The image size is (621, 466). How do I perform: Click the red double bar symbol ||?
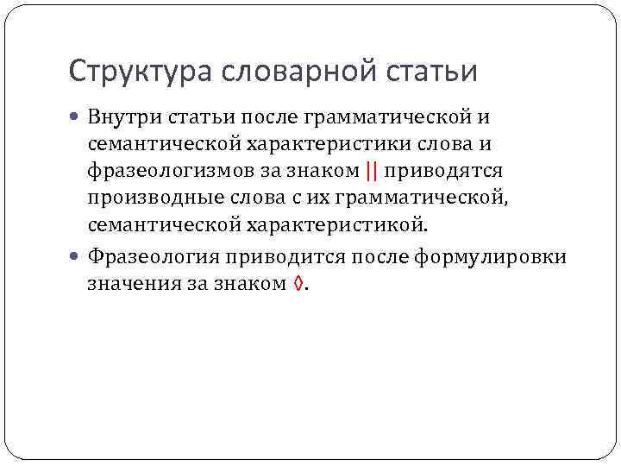pos(372,171)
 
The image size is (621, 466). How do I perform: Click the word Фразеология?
pos(149,257)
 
